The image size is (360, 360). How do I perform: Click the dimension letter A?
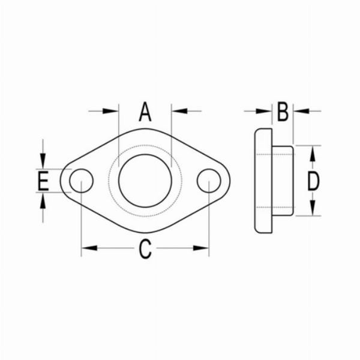[145, 112]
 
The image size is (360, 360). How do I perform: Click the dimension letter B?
[283, 112]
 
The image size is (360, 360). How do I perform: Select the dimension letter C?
[145, 248]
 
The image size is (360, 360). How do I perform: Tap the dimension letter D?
[313, 181]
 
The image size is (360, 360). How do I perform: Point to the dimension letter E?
[43, 181]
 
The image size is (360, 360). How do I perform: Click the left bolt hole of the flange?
[82, 181]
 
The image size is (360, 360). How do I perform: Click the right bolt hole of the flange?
[209, 181]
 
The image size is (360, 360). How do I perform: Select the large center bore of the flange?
[144, 181]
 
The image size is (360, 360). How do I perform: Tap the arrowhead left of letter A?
[112, 110]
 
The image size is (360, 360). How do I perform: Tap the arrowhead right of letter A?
[178, 110]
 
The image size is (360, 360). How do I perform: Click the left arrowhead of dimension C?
[89, 247]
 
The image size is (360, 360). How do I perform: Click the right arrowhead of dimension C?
[202, 247]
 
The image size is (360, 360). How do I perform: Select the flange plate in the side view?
[262, 181]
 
